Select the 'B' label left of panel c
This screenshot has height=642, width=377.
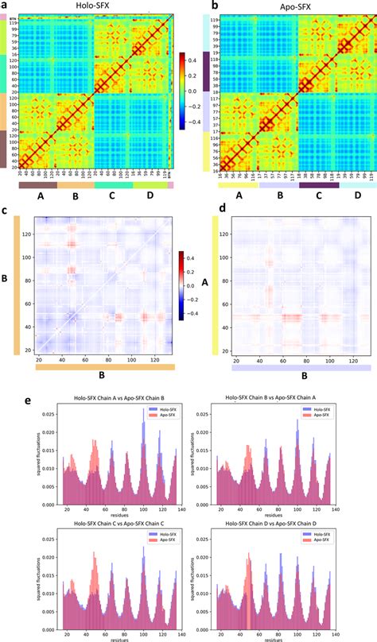pyautogui.click(x=6, y=280)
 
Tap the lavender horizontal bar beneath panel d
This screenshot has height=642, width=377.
pyautogui.click(x=300, y=369)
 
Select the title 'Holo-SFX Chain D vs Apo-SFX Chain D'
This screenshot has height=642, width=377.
pyautogui.click(x=276, y=520)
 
